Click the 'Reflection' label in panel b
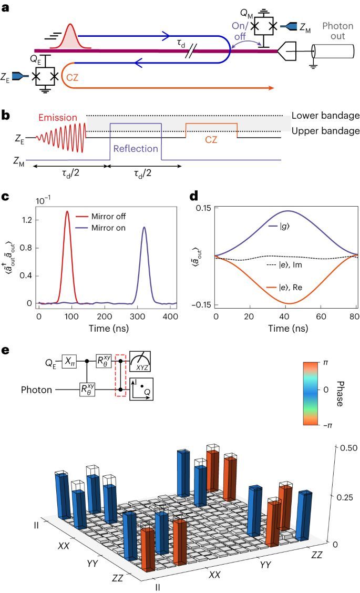[135, 148]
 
